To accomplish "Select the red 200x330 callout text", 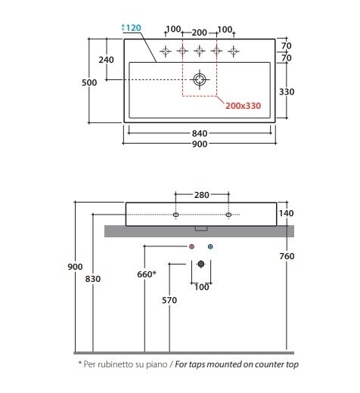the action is point(243,106).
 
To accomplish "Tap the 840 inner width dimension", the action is point(200,133).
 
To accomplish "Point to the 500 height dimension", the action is point(89,82).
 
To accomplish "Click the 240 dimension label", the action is point(106,60).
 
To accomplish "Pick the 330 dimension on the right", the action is point(287,91).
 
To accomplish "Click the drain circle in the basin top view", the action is point(200,79).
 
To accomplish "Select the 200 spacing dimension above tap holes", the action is point(200,32).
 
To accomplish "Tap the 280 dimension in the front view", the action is point(202,195).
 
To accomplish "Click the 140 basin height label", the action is point(286,213).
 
